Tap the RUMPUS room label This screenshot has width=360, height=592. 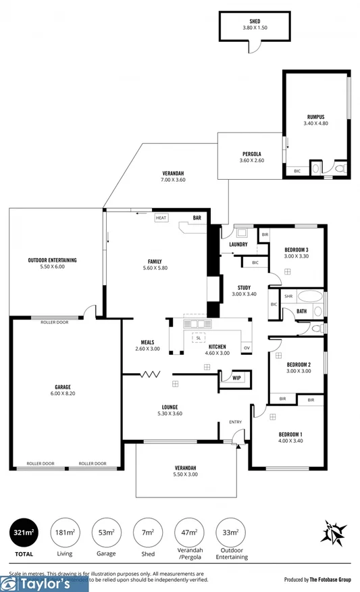(315, 117)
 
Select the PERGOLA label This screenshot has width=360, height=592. (252, 153)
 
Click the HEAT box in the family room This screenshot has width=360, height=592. (161, 218)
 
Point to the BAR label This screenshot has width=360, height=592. (197, 218)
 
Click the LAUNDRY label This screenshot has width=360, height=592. (238, 244)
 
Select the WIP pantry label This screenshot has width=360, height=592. (236, 378)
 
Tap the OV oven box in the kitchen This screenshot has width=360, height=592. (247, 348)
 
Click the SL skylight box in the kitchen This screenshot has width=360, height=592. (199, 337)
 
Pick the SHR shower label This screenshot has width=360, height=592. (288, 296)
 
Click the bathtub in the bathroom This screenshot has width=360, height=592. (311, 296)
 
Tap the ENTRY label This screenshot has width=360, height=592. (235, 422)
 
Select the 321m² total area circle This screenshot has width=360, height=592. (24, 533)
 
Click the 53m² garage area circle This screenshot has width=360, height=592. (106, 533)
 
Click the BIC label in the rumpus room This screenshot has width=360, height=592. (297, 171)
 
